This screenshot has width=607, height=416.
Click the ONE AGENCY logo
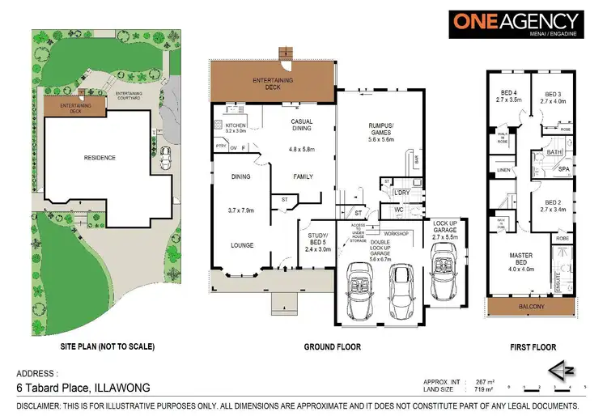tap(516, 25)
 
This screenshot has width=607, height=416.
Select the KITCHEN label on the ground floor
tap(236, 125)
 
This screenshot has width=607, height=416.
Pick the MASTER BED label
tap(520, 260)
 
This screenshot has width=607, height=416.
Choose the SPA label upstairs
tap(563, 169)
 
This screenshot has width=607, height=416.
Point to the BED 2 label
tap(553, 202)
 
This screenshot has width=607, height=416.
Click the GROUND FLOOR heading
tap(332, 346)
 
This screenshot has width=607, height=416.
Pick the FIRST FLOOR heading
tap(533, 347)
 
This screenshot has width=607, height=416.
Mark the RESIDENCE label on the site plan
tap(99, 158)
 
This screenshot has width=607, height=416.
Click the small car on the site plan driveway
tap(166, 159)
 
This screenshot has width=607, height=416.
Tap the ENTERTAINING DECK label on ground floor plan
tap(273, 83)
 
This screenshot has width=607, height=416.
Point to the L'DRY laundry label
tap(400, 193)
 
